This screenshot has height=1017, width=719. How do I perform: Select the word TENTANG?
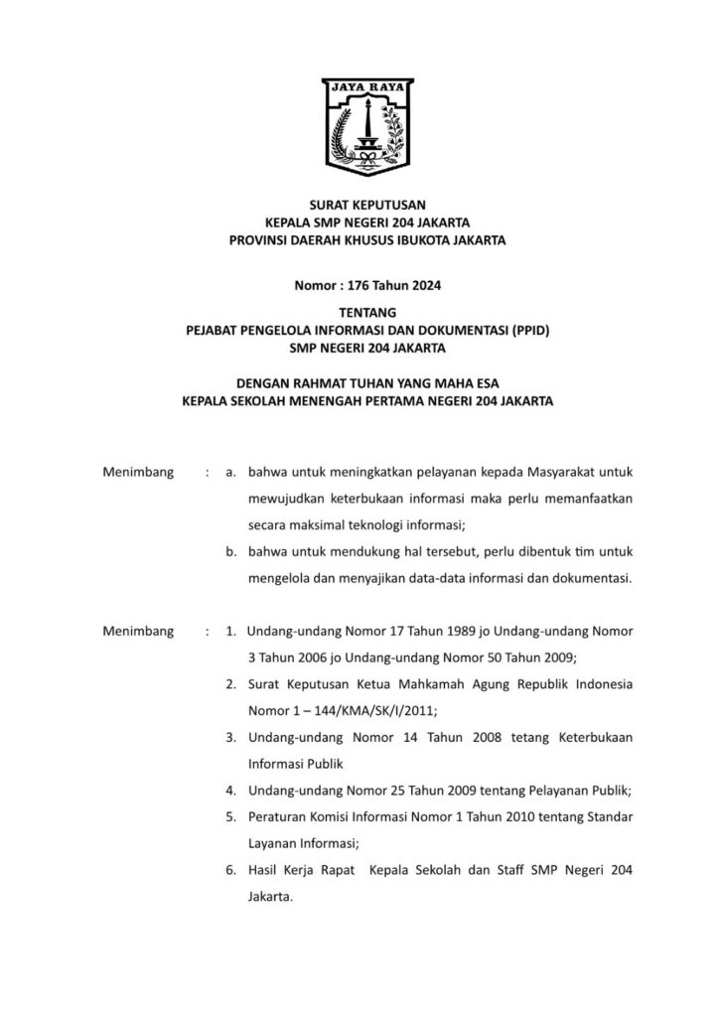click(x=359, y=312)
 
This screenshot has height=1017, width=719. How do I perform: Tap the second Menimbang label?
click(x=138, y=631)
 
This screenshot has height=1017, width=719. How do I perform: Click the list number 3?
click(x=229, y=738)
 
